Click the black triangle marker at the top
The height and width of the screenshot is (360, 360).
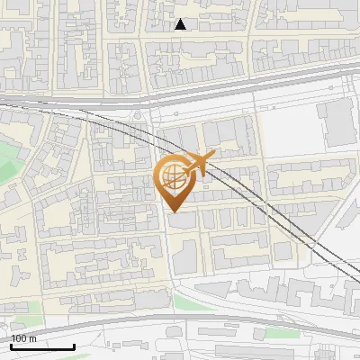click(181, 24)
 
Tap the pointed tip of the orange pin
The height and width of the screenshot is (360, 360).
click(173, 211)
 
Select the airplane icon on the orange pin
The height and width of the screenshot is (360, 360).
click(197, 165)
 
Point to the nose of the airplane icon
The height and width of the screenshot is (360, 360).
click(213, 156)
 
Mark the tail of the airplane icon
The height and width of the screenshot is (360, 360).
click(184, 171)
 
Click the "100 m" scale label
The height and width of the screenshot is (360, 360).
click(24, 338)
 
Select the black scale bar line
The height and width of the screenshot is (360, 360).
click(42, 346)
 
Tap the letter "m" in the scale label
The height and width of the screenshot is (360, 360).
click(33, 338)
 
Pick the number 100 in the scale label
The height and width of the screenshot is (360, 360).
click(20, 338)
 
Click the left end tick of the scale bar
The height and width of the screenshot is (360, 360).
click(12, 345)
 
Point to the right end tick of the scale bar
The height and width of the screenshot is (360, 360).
click(74, 345)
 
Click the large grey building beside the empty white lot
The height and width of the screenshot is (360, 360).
click(337, 124)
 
